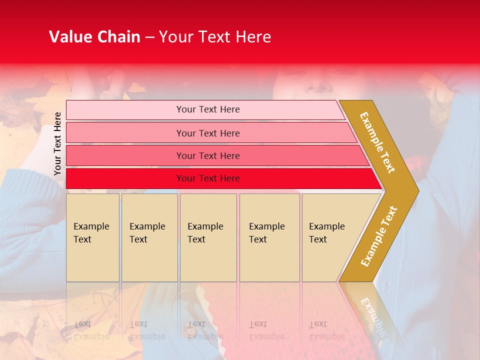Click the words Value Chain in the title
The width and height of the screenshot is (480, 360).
tap(94, 37)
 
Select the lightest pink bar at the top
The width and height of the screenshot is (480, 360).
tap(125, 110)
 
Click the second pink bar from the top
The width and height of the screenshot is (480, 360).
tap(125, 133)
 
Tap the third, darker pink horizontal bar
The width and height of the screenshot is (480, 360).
tap(125, 155)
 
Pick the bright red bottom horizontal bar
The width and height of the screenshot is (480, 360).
tap(125, 178)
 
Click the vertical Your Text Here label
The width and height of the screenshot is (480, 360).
tap(58, 143)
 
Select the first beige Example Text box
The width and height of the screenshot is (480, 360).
tap(92, 237)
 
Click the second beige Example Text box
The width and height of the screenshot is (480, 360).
tap(149, 237)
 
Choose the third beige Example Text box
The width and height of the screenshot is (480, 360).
tap(208, 237)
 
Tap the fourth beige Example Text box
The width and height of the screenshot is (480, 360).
tap(269, 237)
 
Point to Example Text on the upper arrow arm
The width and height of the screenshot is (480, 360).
tap(377, 142)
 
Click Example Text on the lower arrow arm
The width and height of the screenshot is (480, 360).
tap(379, 236)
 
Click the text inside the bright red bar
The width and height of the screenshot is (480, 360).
tap(208, 178)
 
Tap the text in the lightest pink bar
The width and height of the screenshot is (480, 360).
tap(208, 109)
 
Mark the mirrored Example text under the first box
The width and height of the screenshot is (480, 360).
tap(91, 336)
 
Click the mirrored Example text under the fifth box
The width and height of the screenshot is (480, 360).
tap(326, 336)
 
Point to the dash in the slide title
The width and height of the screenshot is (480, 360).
tap(149, 37)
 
